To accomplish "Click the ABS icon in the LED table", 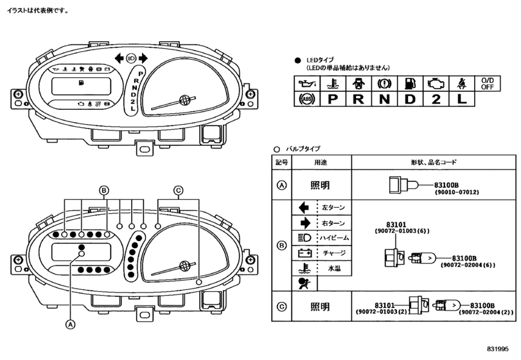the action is coord(306,99).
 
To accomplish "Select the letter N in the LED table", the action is coord(384,99).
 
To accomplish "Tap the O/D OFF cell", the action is coord(488,84).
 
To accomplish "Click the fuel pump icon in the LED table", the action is coord(410,84).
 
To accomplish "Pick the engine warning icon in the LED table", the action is coord(436,84).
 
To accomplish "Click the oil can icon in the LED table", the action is coord(307,84).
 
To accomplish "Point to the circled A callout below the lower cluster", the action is coord(70,324).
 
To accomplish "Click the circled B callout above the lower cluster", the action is coord(104,190).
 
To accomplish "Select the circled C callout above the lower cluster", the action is coord(179,190).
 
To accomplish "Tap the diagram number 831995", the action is coord(497,348).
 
